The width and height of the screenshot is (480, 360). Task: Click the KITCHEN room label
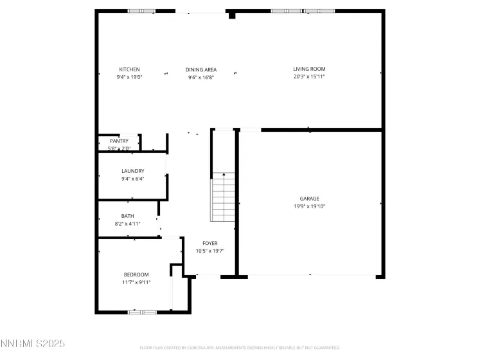[x=129, y=69]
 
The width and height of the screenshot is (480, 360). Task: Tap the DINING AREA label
[x=201, y=69]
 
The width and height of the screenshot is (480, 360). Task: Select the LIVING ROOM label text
[x=309, y=69]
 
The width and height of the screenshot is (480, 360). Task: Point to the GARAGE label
[x=309, y=199]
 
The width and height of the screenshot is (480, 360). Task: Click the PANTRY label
[x=119, y=141]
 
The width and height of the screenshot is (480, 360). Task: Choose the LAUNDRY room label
[x=132, y=171]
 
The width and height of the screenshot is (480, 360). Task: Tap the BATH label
[x=127, y=216]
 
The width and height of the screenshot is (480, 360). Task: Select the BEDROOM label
[x=136, y=274]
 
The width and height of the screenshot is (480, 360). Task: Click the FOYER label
[x=210, y=243]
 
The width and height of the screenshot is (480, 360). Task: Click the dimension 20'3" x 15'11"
[x=309, y=77]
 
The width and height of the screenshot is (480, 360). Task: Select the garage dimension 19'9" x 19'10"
[x=309, y=206]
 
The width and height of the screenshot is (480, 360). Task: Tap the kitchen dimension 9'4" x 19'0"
[x=129, y=77]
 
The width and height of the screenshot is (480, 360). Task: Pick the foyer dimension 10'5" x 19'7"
[x=210, y=251]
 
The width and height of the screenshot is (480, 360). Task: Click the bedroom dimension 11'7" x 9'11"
[x=136, y=282]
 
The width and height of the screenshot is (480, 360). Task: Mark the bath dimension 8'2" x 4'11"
[x=127, y=224]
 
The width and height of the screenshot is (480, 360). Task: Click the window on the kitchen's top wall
[x=141, y=11]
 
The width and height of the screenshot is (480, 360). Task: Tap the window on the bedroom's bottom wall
[x=142, y=312]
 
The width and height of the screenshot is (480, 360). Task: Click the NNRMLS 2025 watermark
[x=33, y=345]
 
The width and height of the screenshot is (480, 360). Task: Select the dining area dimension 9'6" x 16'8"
[x=201, y=77]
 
